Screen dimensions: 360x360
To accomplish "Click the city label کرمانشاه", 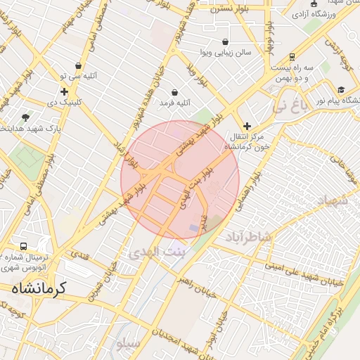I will click(x=39, y=288).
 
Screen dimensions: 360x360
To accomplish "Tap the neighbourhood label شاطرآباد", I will click(x=248, y=237).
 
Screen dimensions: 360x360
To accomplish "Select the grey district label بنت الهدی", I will click(x=155, y=251).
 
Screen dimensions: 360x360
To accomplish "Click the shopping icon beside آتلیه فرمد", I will click(x=174, y=92).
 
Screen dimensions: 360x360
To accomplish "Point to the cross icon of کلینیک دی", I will click(x=65, y=91).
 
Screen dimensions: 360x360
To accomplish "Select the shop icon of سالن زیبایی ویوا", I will click(x=224, y=41).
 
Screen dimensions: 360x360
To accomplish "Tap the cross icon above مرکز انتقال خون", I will click(x=246, y=125).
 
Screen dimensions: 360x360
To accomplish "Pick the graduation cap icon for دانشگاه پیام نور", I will click(x=341, y=90).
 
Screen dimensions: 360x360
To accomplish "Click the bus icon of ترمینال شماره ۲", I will click(x=24, y=247).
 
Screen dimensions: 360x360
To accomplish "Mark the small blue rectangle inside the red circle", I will click(x=194, y=229).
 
